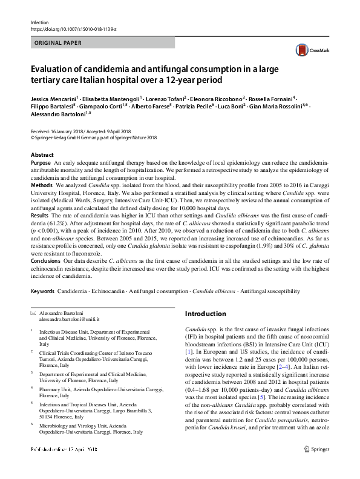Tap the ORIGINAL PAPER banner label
pos(57,44)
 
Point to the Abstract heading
pos(42,156)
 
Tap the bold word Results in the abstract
pos(39,216)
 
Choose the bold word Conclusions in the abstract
pos(45,262)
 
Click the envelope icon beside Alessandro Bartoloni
pos(33,312)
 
